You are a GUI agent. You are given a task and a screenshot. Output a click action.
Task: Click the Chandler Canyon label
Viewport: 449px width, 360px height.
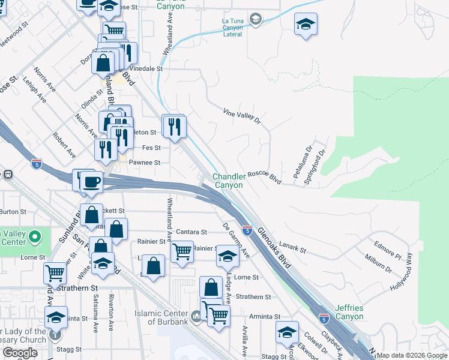click(x=229, y=181)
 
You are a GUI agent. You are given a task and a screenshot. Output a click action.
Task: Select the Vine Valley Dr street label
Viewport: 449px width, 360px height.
click(x=242, y=115)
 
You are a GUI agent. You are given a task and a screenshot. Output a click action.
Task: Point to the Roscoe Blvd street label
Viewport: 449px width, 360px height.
click(x=265, y=178)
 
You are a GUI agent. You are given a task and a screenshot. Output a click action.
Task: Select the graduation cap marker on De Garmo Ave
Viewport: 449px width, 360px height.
click(x=228, y=256)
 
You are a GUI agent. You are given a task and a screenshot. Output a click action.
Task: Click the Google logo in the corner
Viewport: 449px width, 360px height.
click(x=20, y=353)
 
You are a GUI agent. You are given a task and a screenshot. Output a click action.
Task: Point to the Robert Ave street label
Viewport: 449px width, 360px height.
click(x=64, y=145)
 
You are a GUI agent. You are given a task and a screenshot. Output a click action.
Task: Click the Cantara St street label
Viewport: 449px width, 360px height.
click(x=191, y=232)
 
